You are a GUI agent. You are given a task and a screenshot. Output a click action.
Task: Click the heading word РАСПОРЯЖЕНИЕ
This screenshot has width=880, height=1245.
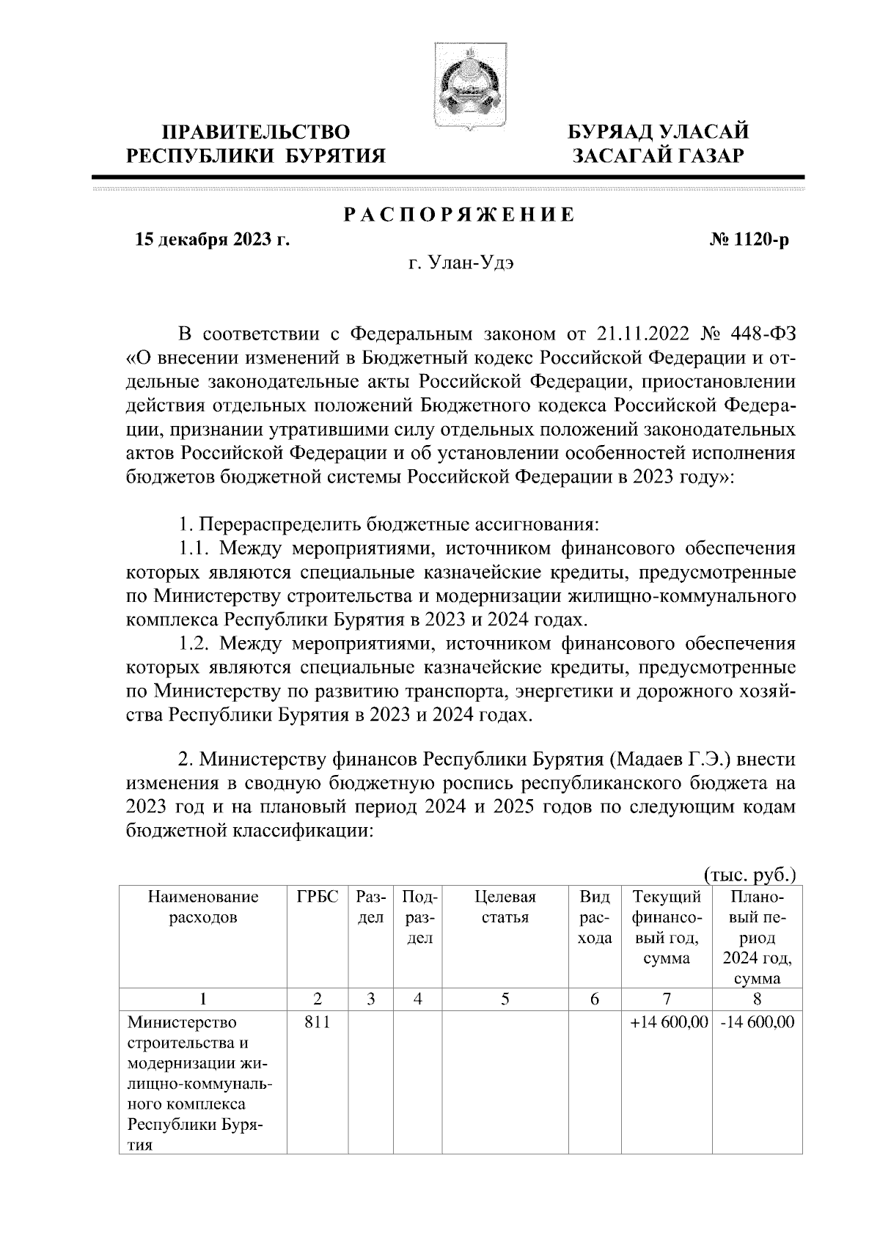[x=459, y=215]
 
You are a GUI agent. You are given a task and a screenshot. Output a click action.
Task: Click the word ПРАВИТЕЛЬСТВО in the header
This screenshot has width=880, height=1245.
[x=256, y=132]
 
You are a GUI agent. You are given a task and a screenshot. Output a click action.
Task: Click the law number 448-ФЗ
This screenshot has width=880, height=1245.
[x=763, y=335]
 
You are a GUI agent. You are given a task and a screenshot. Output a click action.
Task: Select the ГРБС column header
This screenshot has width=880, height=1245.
[x=318, y=897]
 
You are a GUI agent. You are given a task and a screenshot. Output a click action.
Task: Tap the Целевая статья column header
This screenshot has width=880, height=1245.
[x=505, y=907]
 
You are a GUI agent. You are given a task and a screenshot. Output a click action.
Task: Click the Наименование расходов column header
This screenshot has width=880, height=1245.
[x=203, y=907]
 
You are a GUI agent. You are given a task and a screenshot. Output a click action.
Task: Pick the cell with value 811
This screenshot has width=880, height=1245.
[x=318, y=1021]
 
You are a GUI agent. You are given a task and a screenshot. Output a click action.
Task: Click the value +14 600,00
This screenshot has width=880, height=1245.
[x=667, y=1021]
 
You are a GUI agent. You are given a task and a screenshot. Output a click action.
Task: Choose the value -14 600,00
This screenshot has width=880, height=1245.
[x=757, y=1021]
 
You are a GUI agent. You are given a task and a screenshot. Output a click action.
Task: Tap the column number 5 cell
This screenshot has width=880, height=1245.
[x=505, y=999]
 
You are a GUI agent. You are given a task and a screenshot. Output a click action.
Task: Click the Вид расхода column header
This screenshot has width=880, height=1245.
[x=595, y=917]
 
